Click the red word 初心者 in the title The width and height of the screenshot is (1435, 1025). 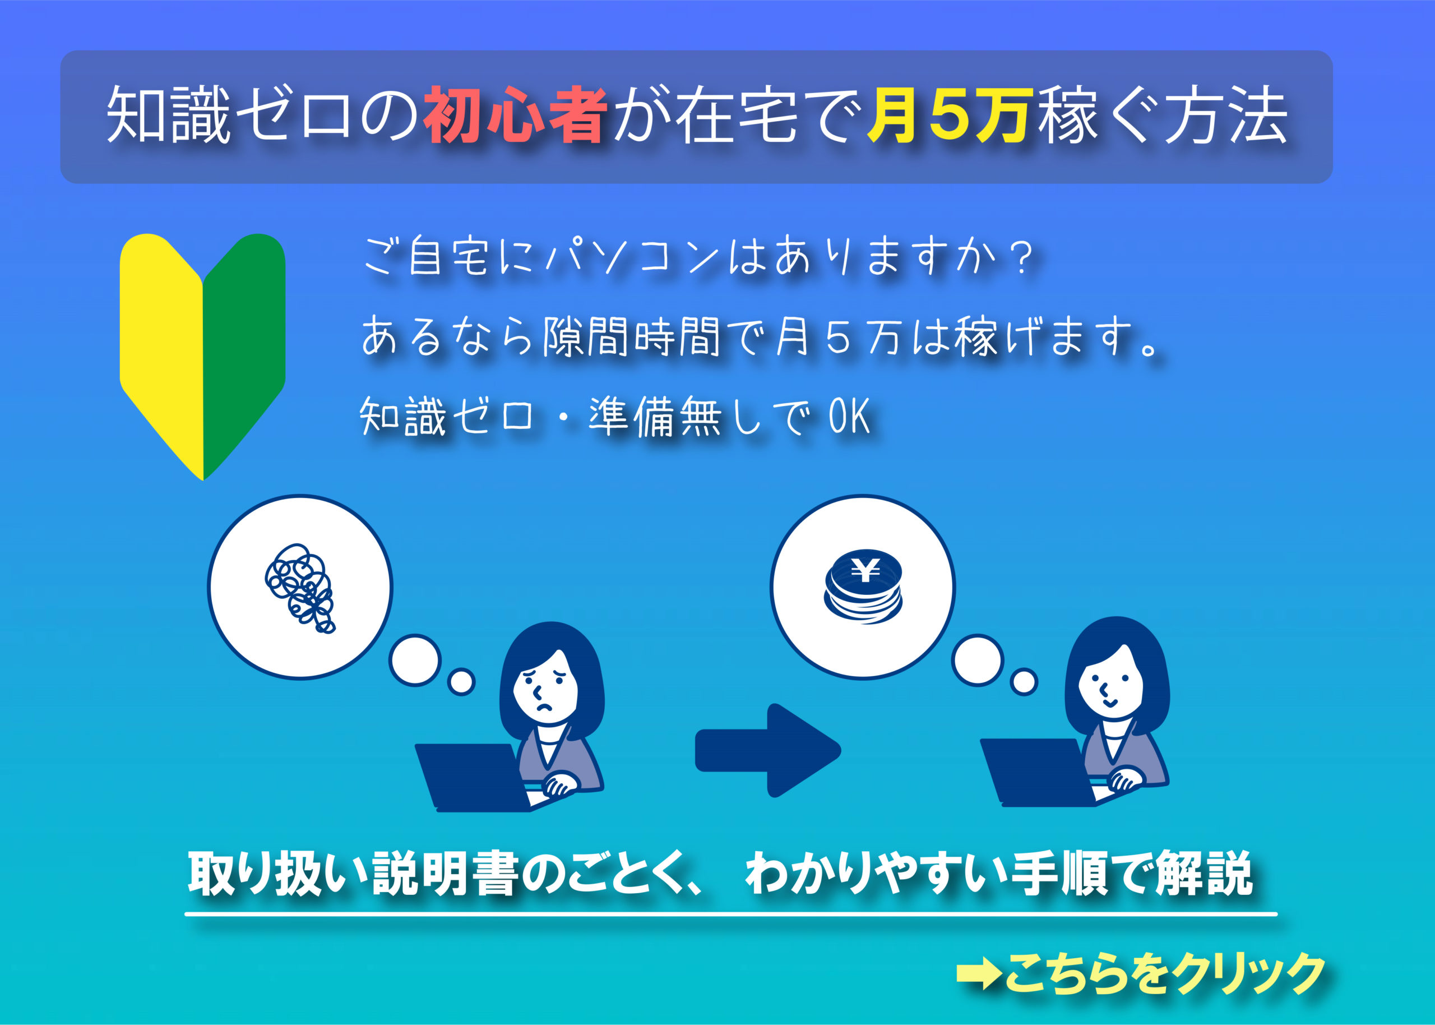click(515, 115)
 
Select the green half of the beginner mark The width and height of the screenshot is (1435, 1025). click(244, 353)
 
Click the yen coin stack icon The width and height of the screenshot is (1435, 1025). click(863, 587)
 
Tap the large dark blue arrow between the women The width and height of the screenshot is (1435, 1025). click(767, 750)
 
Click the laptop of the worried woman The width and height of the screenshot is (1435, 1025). click(473, 778)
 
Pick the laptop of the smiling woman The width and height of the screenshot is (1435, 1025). click(1038, 773)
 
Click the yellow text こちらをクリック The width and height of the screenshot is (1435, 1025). click(1164, 973)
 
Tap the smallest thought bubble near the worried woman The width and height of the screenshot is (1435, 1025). click(461, 682)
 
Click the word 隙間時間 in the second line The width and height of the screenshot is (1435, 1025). click(631, 336)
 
